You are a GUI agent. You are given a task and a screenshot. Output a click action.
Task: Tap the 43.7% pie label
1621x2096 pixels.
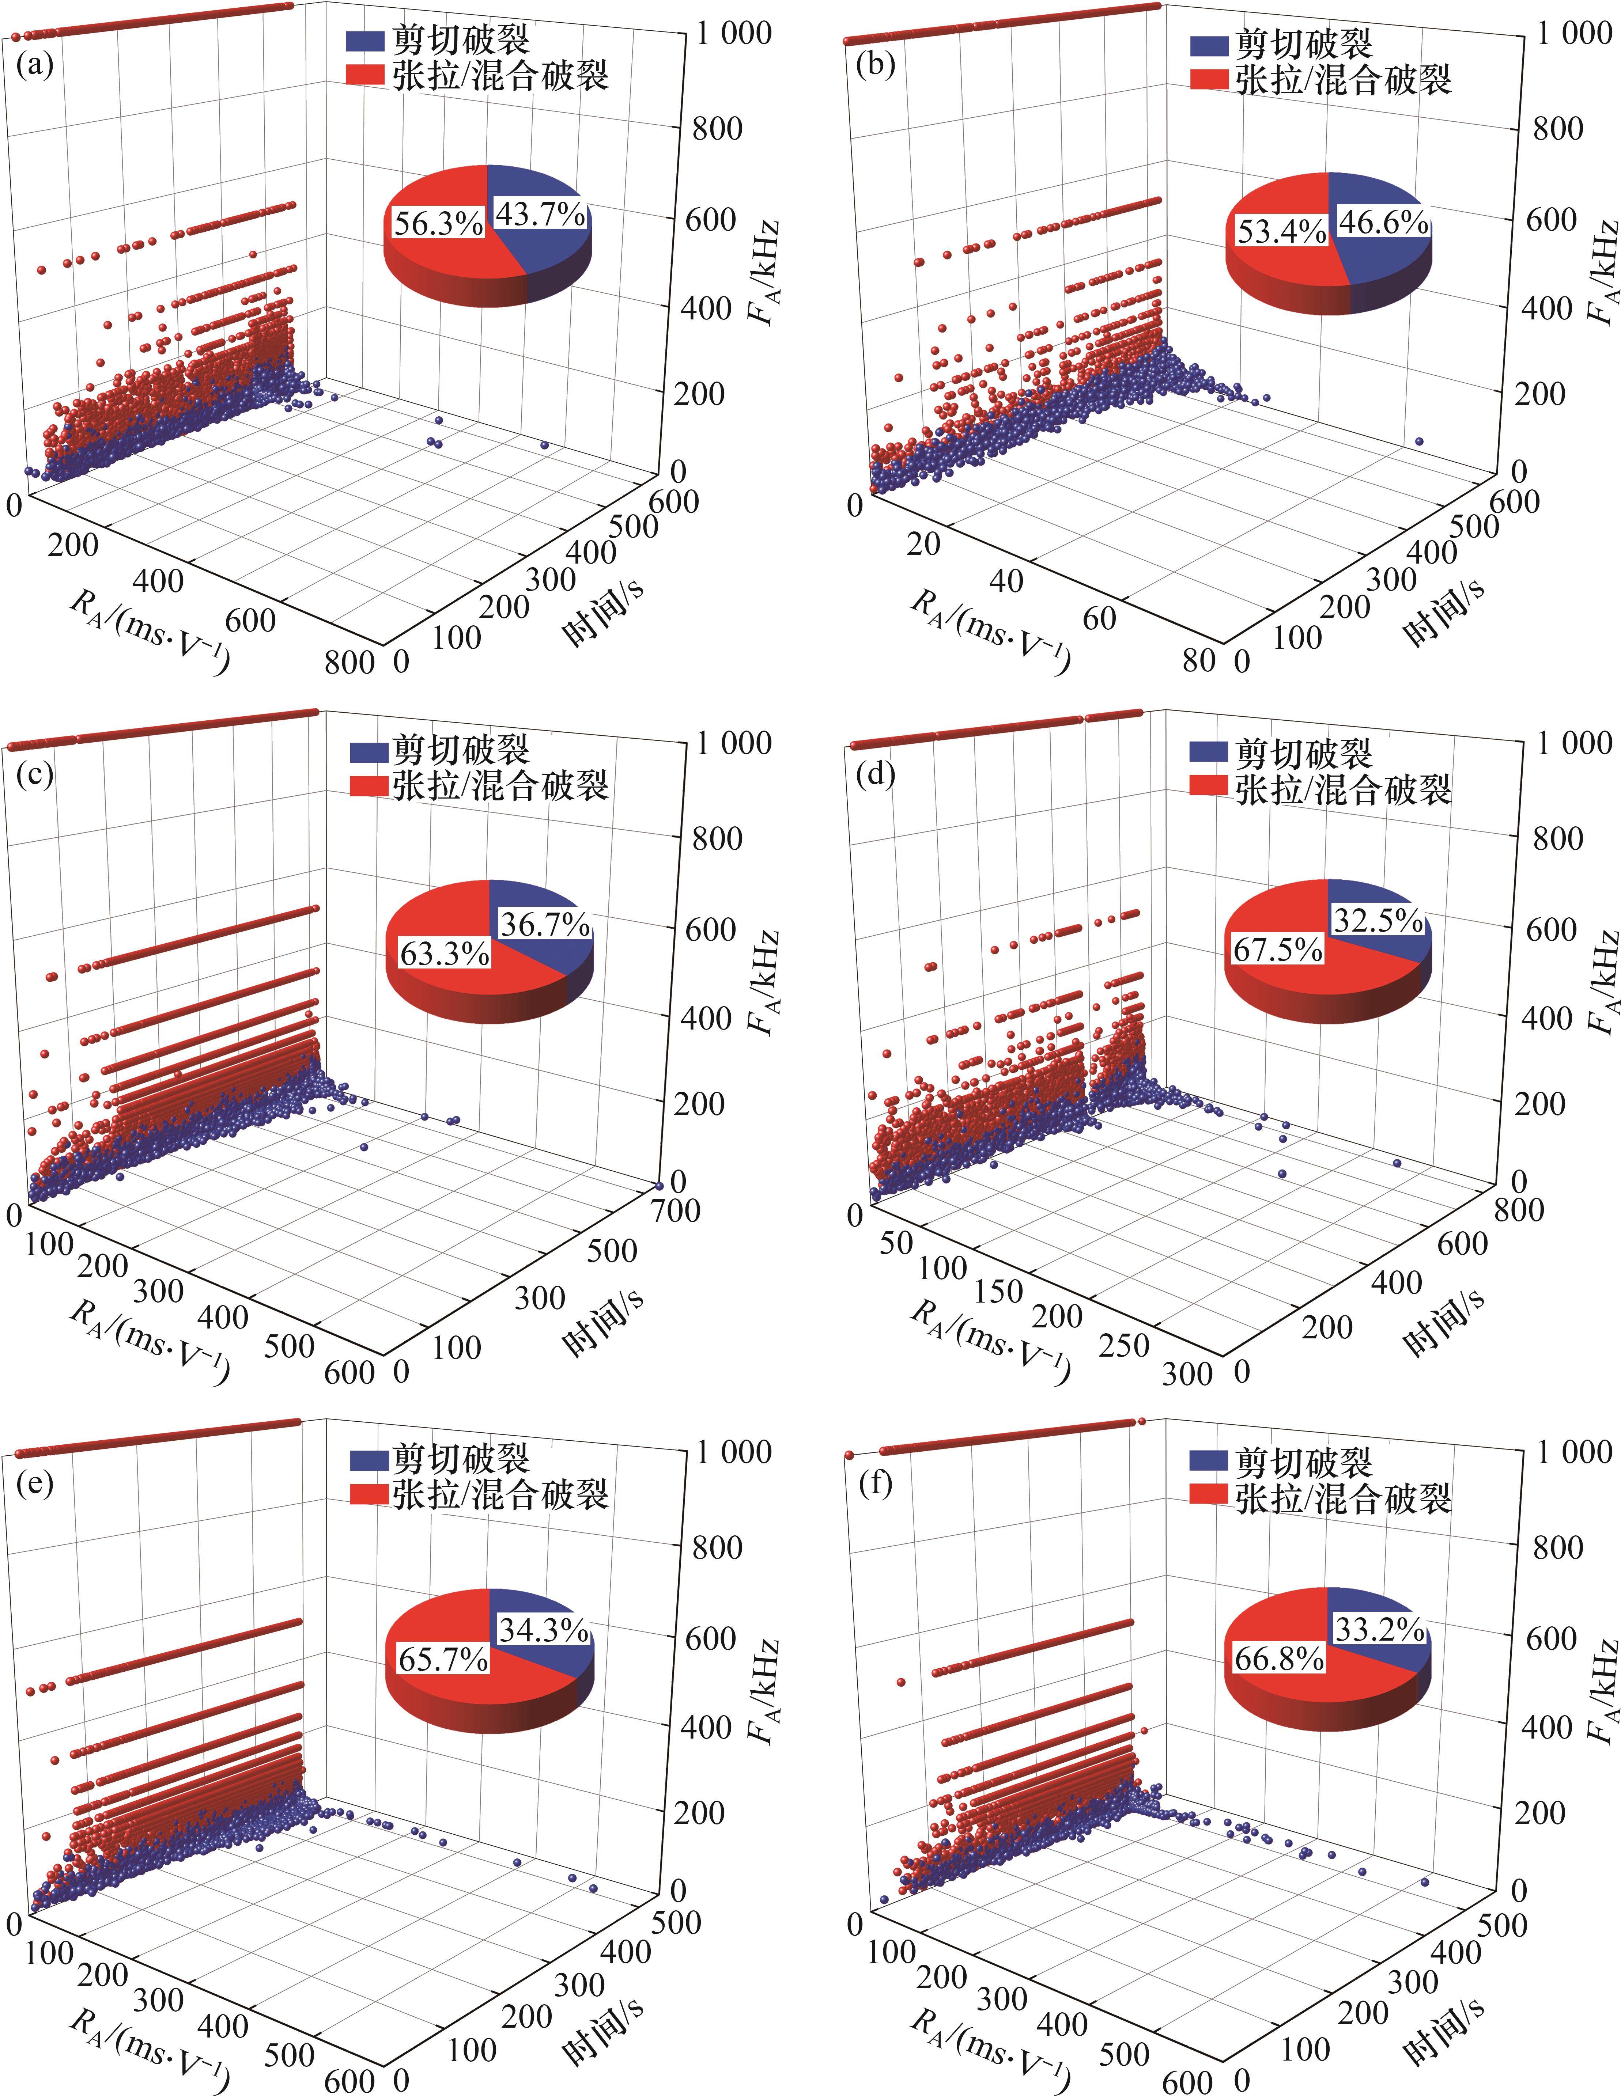(x=539, y=214)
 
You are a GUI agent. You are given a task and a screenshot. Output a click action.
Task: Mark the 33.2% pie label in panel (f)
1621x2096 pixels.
(x=1378, y=1630)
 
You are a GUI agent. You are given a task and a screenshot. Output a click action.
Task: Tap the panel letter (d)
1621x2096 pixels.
(x=875, y=773)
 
